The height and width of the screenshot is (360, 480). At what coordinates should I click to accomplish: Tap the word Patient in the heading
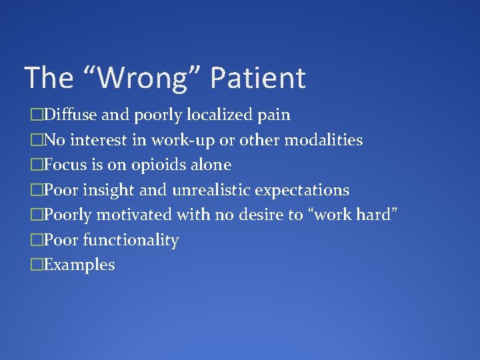[x=257, y=78]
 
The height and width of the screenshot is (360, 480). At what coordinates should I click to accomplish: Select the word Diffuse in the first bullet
[x=71, y=115]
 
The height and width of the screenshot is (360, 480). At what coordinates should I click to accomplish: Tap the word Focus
[x=65, y=165]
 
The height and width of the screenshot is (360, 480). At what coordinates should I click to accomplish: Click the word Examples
[x=79, y=265]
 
